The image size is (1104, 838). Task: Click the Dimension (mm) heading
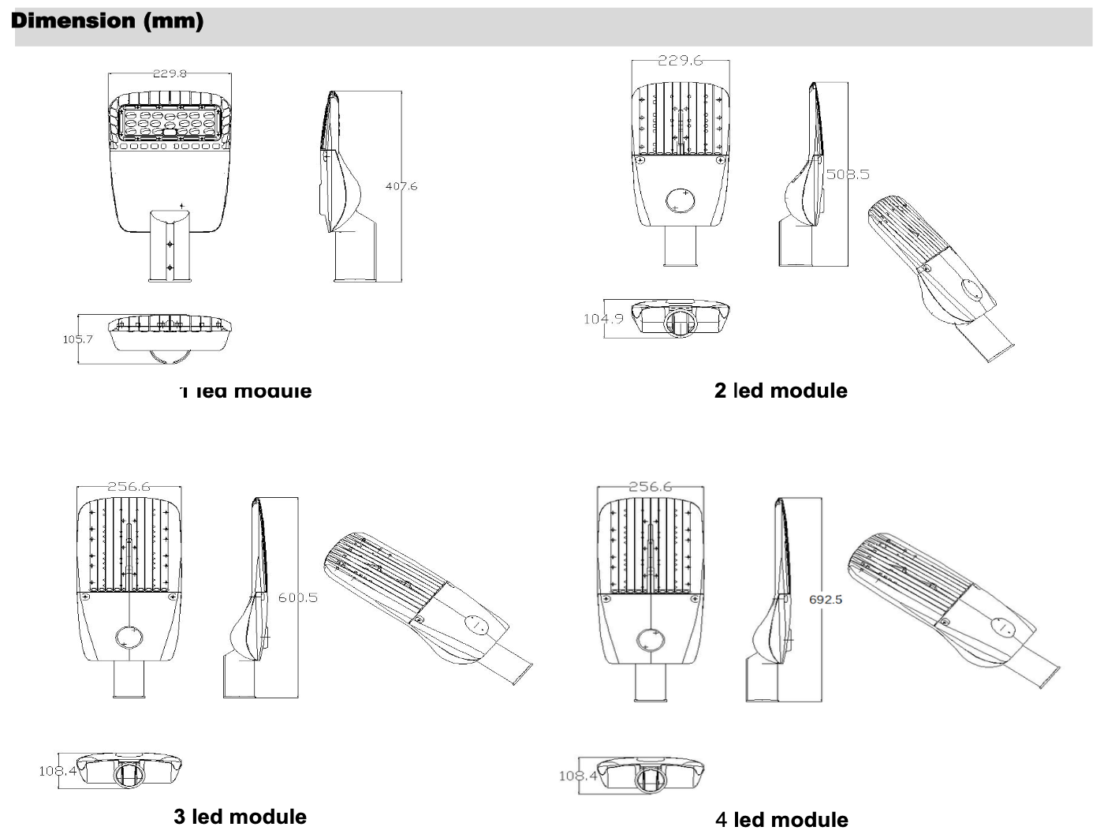pos(107,21)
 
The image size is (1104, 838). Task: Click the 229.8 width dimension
pos(170,73)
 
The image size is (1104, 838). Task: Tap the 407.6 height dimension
pos(401,186)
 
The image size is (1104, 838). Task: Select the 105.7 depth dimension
pos(77,339)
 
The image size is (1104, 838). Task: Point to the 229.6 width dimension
pos(680,61)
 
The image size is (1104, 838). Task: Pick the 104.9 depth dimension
pos(602,319)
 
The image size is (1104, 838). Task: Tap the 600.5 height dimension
pos(297,598)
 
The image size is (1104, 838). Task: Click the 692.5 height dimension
pos(826,600)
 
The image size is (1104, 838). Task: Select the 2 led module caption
pos(781,391)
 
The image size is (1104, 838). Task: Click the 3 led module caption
pos(240,817)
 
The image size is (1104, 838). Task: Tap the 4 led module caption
pos(781,820)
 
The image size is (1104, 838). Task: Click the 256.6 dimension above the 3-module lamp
pos(129,487)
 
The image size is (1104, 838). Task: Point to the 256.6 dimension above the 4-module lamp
pos(650,487)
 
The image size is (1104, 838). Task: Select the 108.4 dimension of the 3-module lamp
pos(57,770)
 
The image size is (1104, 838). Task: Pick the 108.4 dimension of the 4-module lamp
pos(577,776)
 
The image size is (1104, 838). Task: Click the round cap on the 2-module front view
pos(679,200)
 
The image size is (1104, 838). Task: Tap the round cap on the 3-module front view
pos(129,637)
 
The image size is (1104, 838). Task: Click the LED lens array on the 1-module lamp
pos(169,123)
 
